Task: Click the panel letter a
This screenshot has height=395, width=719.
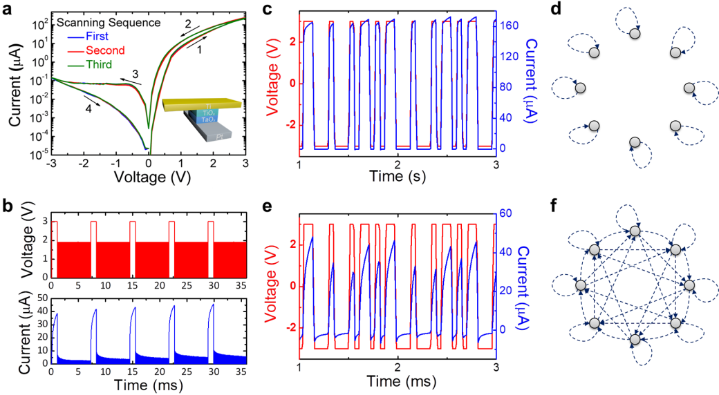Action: [x=9, y=10]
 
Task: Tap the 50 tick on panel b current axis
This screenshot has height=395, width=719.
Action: [x=41, y=298]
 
